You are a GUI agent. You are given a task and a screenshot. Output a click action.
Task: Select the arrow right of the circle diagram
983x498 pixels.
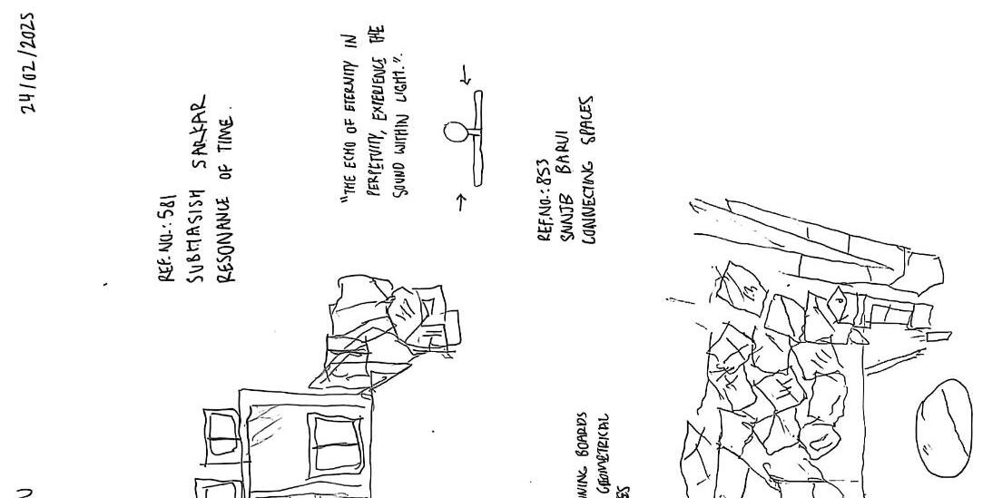click(x=467, y=80)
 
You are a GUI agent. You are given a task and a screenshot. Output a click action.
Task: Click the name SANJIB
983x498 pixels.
click(x=565, y=213)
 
